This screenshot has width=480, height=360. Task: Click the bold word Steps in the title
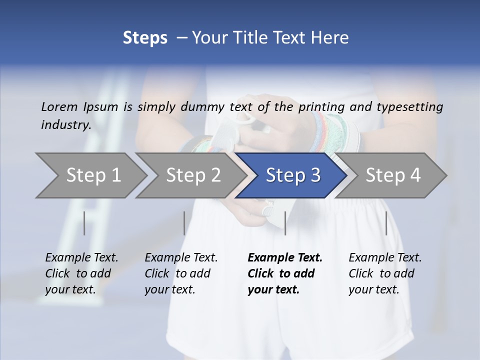[145, 38]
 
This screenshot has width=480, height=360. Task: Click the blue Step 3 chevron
[292, 175]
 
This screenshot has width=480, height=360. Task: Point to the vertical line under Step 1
[84, 223]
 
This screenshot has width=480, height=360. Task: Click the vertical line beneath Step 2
[184, 223]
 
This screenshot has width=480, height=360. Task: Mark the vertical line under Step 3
[285, 223]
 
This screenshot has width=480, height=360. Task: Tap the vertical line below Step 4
[386, 223]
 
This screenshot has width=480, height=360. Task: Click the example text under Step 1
[81, 273]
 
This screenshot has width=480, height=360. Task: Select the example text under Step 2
[181, 273]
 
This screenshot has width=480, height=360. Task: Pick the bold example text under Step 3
[285, 273]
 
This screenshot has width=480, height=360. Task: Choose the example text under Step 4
[385, 273]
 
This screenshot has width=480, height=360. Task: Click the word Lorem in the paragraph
[59, 106]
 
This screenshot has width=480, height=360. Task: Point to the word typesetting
[409, 106]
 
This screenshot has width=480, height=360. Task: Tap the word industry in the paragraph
[65, 124]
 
